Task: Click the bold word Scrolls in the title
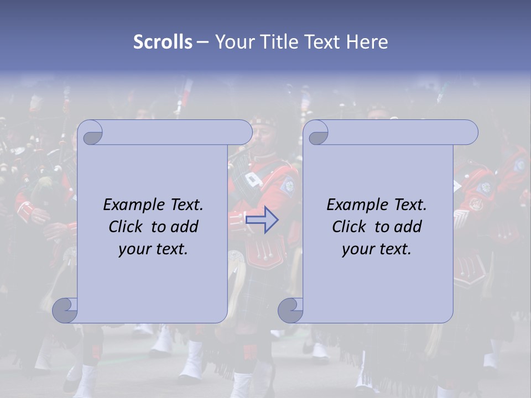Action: click(163, 42)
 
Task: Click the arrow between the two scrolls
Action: click(262, 220)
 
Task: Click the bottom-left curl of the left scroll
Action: click(65, 310)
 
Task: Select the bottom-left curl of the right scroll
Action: click(290, 310)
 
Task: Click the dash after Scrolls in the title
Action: click(202, 42)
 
